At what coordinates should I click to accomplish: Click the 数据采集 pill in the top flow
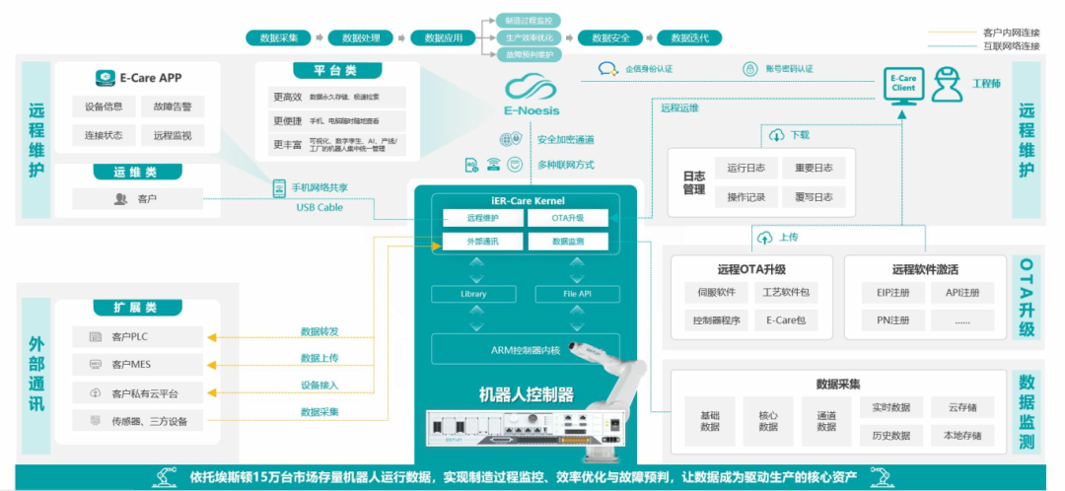(279, 38)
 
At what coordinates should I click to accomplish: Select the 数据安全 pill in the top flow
(603, 38)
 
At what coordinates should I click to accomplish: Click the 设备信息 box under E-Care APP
(104, 106)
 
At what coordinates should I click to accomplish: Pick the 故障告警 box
(173, 106)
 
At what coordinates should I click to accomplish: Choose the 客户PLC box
(138, 337)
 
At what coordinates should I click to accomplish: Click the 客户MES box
(138, 365)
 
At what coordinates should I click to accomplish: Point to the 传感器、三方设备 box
(138, 422)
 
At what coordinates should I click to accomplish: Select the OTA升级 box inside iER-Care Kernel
(567, 218)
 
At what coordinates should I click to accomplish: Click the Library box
(473, 294)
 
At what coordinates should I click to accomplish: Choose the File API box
(577, 294)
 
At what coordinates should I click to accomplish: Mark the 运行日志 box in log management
(745, 168)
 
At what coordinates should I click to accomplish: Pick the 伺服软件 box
(713, 293)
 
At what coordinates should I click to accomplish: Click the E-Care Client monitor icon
(903, 85)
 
